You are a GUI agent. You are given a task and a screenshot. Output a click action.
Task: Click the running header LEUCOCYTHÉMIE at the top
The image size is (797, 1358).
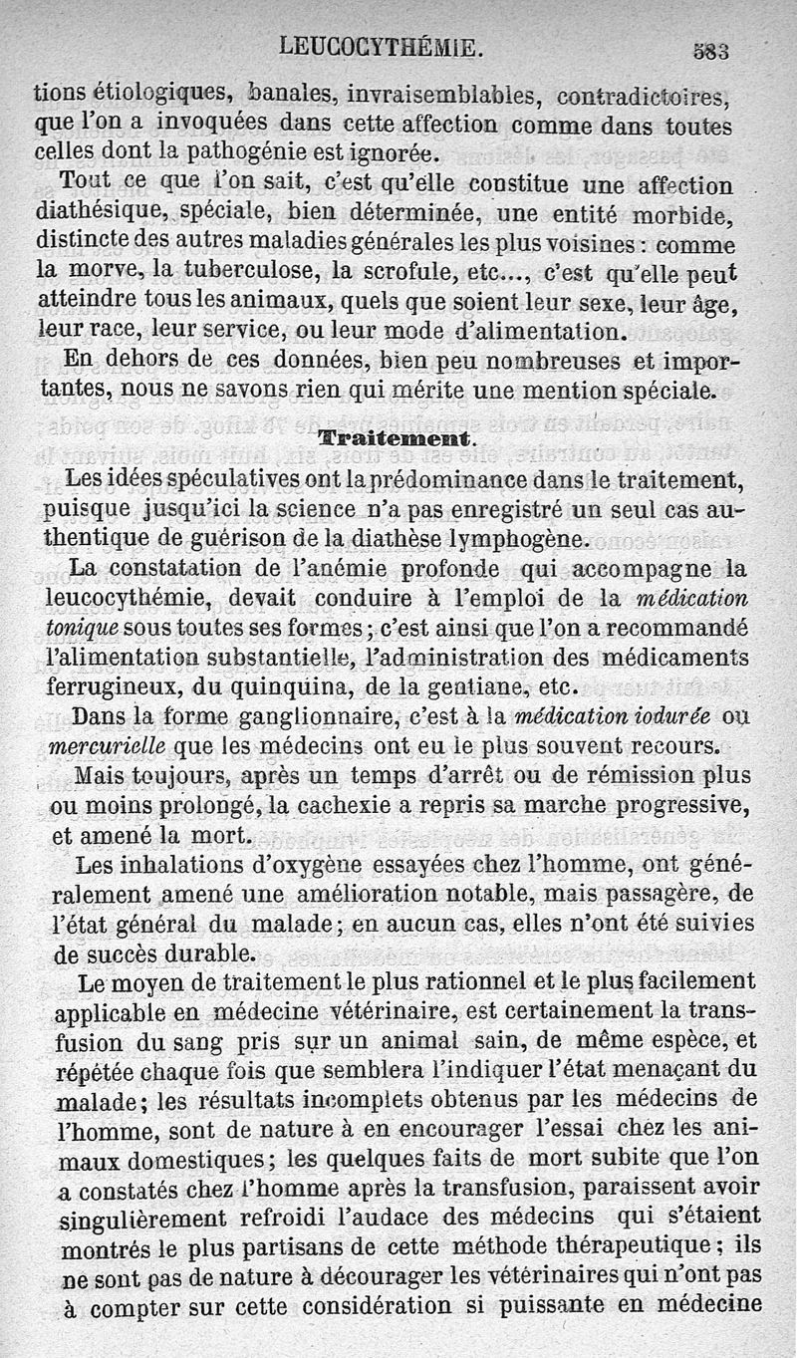click(x=381, y=46)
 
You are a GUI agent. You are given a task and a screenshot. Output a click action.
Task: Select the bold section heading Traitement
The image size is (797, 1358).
click(x=392, y=439)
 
